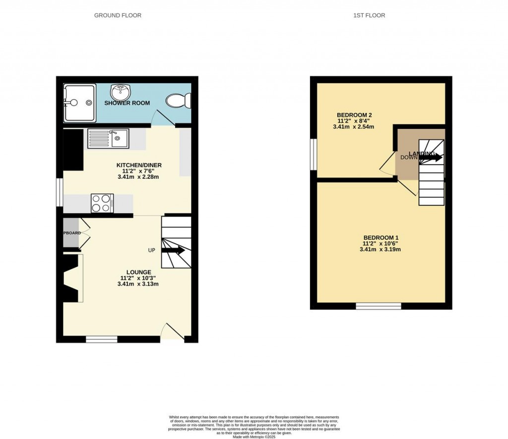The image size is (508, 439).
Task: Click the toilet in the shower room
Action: pyautogui.click(x=178, y=101)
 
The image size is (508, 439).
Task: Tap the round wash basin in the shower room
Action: pyautogui.click(x=121, y=92)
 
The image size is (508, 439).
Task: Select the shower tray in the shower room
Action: pyautogui.click(x=79, y=103)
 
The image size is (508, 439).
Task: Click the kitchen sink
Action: pyautogui.click(x=108, y=138)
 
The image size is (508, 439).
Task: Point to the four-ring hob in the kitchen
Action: pyautogui.click(x=102, y=203)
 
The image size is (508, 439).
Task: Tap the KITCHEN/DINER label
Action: pyautogui.click(x=139, y=165)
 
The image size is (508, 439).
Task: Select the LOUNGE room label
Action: pyautogui.click(x=138, y=272)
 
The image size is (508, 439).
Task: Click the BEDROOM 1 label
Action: pyautogui.click(x=381, y=237)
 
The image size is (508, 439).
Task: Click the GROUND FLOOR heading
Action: pyautogui.click(x=118, y=15)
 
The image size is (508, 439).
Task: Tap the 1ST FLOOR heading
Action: pyautogui.click(x=369, y=15)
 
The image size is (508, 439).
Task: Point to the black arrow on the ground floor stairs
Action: pyautogui.click(x=173, y=250)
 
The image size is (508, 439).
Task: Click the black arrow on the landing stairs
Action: pyautogui.click(x=430, y=157)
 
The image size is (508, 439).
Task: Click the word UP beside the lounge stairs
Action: pyautogui.click(x=152, y=250)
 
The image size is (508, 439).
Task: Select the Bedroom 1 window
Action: pyautogui.click(x=379, y=306)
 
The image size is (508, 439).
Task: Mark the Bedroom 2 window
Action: pyautogui.click(x=314, y=155)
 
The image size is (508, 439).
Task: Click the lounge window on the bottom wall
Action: pyautogui.click(x=102, y=339)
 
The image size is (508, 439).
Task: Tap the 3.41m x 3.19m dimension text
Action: pyautogui.click(x=381, y=250)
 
